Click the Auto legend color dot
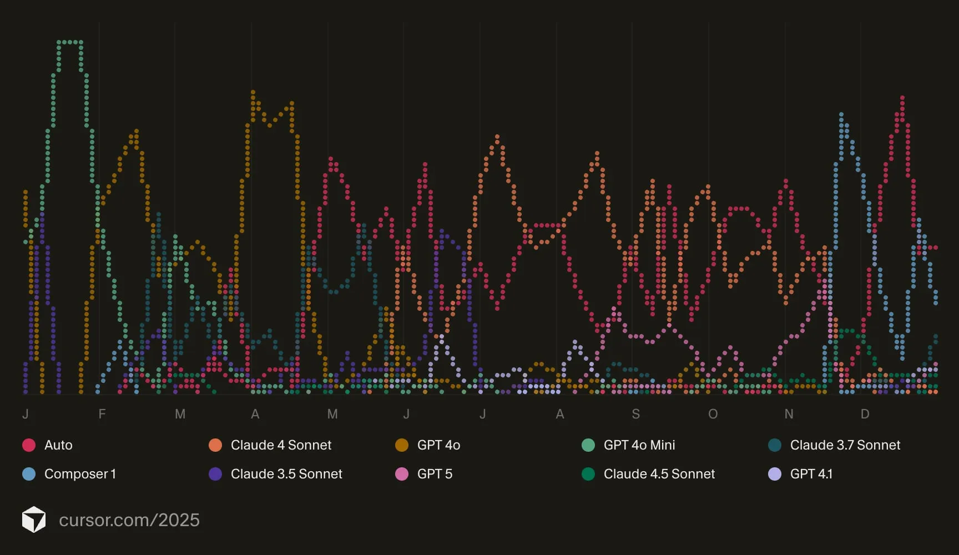(29, 445)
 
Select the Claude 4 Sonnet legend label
(281, 445)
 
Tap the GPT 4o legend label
(438, 445)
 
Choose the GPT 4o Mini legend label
(639, 445)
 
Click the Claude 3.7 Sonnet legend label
(845, 445)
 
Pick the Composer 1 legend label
(80, 474)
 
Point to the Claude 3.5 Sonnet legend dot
(215, 474)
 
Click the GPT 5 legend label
(435, 474)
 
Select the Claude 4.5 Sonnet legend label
(659, 474)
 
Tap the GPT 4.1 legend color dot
(775, 474)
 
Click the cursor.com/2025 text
(129, 520)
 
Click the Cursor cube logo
(34, 519)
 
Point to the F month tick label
(102, 414)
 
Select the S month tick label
(636, 414)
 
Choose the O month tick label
(713, 414)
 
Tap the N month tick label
(789, 414)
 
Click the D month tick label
(865, 414)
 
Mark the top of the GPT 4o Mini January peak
(70, 42)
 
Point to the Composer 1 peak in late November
(841, 115)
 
